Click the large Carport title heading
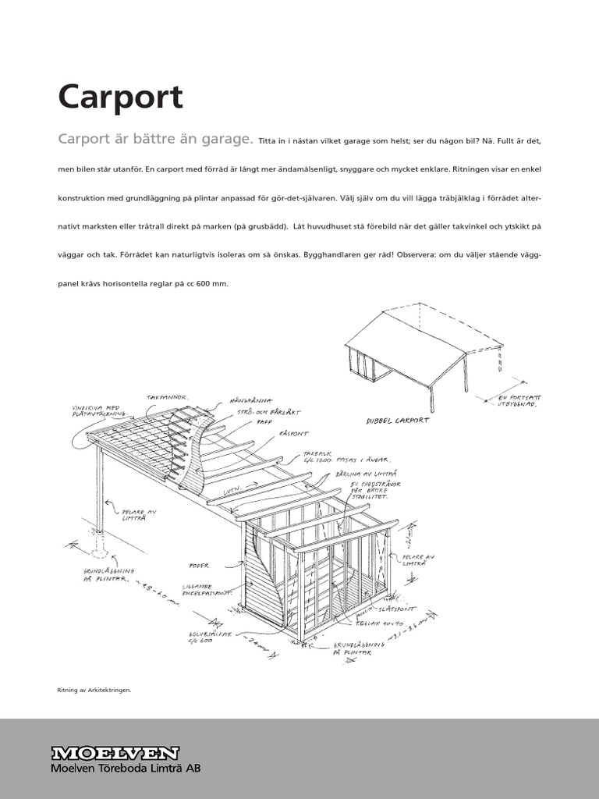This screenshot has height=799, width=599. click(120, 98)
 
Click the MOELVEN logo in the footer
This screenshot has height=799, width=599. click(115, 753)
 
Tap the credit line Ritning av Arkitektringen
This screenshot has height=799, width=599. click(94, 689)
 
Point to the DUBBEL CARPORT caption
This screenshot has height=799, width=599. click(398, 421)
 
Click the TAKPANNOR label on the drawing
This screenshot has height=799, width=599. click(167, 397)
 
